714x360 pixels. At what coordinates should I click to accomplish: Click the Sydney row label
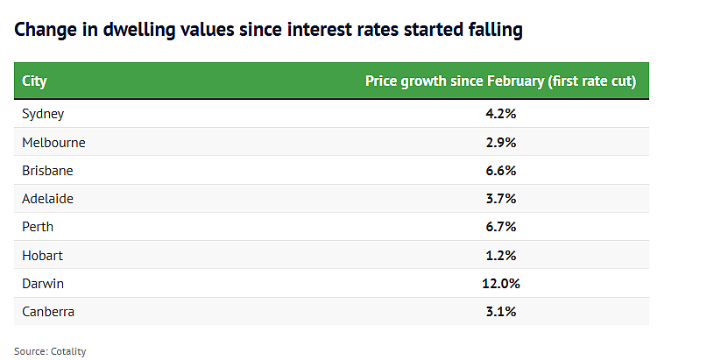[43, 114]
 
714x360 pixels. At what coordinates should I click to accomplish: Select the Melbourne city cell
[53, 143]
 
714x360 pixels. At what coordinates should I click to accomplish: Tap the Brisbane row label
[47, 171]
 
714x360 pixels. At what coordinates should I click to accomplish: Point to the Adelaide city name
[47, 199]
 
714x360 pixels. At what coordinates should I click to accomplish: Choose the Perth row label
[38, 227]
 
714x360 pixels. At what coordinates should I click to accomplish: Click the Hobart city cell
[42, 255]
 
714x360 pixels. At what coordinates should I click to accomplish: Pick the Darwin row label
[43, 284]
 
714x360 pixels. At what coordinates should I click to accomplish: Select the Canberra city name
[48, 312]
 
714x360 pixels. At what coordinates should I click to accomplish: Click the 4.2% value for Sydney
[501, 114]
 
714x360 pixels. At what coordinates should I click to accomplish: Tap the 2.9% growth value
[501, 143]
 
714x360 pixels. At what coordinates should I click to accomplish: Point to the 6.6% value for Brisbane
[501, 171]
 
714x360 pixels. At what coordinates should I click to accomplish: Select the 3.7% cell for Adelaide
[501, 199]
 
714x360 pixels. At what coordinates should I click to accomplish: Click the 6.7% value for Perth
[501, 227]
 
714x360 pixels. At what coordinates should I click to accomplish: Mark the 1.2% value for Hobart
[501, 255]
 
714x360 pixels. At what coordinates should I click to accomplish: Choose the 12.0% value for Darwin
[501, 284]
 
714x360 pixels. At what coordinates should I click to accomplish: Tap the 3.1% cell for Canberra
[501, 312]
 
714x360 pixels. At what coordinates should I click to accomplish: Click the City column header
[34, 81]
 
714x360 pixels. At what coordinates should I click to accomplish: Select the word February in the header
[515, 81]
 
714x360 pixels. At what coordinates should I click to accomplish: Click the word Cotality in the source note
[68, 351]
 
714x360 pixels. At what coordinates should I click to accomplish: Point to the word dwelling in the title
[139, 30]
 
